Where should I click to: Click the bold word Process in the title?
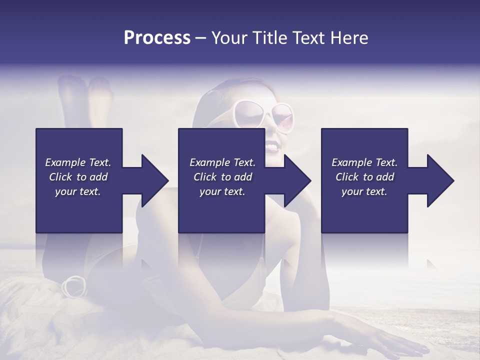coord(157,38)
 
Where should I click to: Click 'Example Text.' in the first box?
coord(78,162)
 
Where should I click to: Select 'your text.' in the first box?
coord(78,191)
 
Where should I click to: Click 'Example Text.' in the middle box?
coord(222,162)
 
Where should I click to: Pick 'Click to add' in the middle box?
coord(222,177)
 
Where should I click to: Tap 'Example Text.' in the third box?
coord(364,162)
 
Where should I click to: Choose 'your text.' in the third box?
coord(364,191)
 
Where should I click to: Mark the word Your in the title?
coord(228,38)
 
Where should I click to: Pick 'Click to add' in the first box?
coord(78,177)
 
